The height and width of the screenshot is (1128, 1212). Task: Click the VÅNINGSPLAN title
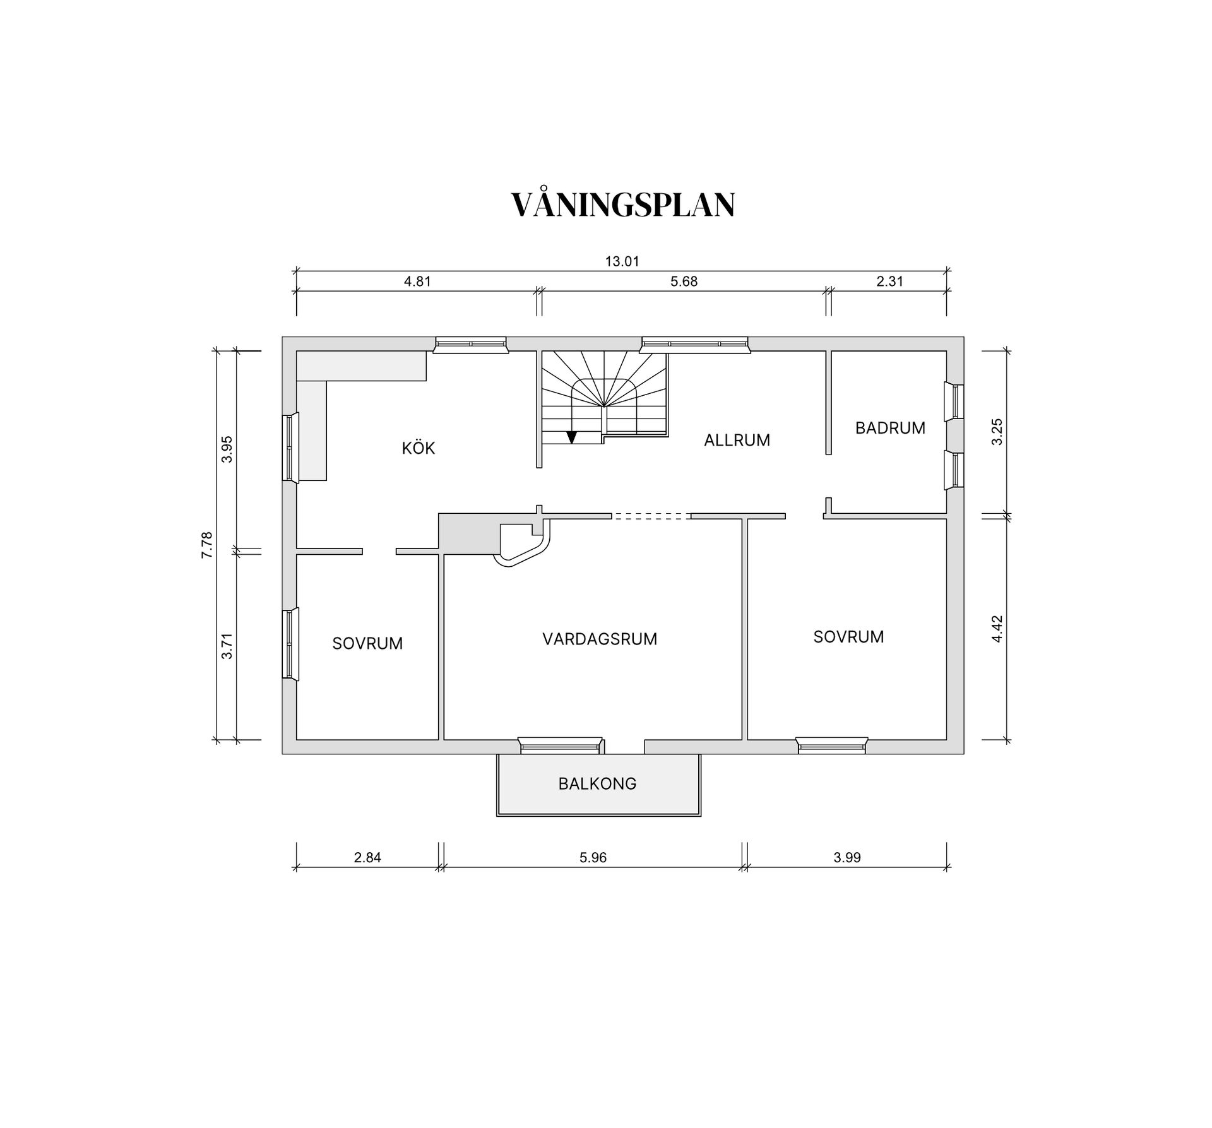(x=622, y=205)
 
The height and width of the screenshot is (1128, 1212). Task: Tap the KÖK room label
(x=419, y=448)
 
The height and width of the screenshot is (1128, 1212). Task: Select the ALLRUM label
(x=737, y=440)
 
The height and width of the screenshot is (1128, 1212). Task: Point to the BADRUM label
(x=890, y=428)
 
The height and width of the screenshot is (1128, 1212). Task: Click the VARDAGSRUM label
(x=600, y=639)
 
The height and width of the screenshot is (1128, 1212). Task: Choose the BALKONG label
(x=597, y=783)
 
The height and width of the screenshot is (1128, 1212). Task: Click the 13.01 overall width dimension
(x=622, y=261)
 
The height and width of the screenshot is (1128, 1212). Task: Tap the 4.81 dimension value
(x=417, y=282)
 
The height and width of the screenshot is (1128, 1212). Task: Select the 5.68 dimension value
(x=684, y=282)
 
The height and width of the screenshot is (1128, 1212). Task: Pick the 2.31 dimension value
(x=889, y=282)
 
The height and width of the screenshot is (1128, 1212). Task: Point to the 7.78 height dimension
(x=207, y=545)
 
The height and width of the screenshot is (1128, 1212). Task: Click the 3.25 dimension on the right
(x=997, y=432)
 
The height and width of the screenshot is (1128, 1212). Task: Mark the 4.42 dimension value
(x=997, y=629)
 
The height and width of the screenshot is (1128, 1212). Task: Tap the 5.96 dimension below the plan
(x=593, y=857)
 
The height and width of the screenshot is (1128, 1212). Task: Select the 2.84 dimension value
(x=367, y=857)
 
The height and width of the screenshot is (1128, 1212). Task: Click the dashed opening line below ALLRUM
(x=651, y=516)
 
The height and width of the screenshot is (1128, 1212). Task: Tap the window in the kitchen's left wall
(x=290, y=448)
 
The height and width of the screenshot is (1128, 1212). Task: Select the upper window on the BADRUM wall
(x=954, y=401)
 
